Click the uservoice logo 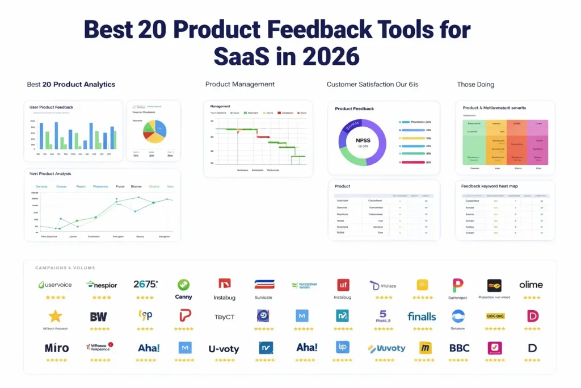point(54,284)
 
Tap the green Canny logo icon point(183,285)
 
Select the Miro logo point(56,347)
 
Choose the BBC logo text point(459,347)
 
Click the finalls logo point(422,316)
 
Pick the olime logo point(531,284)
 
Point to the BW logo point(99,316)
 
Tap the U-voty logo point(224,348)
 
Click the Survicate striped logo point(264,284)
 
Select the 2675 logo point(145,284)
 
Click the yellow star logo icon point(55,316)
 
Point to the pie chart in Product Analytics point(153,131)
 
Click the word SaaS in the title point(242,56)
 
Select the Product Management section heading point(240,84)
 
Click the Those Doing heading point(475,84)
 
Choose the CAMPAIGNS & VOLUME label point(65,268)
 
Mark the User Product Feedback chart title point(52,107)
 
